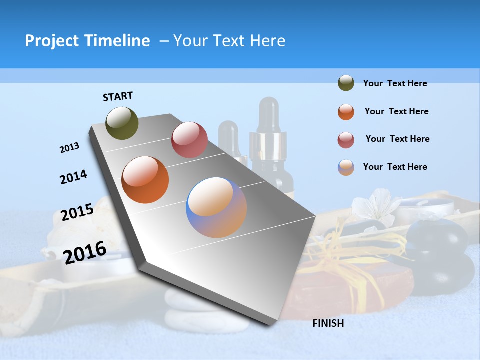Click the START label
118,96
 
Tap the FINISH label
328,323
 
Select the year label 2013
70,148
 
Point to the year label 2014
73,177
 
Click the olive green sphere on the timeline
122,123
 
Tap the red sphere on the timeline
189,140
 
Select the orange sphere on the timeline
145,180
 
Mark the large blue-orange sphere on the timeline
216,207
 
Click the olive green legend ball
346,83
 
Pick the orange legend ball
346,112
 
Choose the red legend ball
346,140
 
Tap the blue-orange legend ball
346,167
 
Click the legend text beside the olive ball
395,84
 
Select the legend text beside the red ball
397,139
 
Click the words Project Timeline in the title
87,41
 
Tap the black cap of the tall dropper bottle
269,112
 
